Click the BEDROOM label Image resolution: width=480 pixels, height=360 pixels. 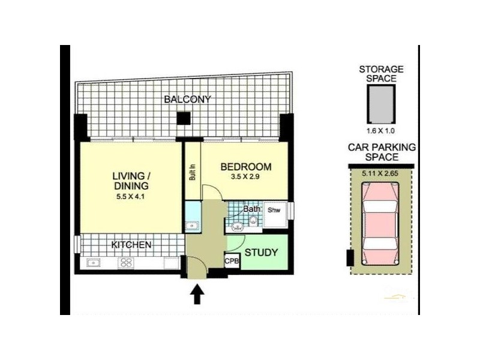coord(246,167)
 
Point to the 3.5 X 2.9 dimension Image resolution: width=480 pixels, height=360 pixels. coord(246,178)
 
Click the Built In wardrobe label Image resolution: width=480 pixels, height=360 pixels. coord(193,173)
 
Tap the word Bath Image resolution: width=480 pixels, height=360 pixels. coord(251,210)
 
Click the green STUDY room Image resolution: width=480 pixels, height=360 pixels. coord(262,253)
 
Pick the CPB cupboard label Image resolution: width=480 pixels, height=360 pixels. coord(232,262)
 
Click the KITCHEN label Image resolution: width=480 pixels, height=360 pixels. coord(131,245)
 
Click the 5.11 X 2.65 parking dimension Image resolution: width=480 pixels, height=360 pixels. coord(380,173)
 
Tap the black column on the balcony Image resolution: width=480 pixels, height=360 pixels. coord(183,119)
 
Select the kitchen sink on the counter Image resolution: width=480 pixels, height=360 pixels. coord(93,262)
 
